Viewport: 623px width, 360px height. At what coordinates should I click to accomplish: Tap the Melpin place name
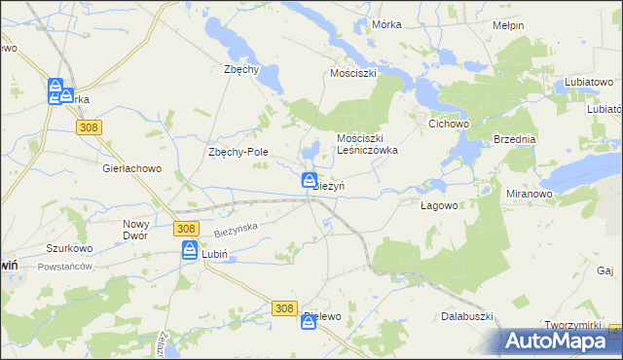pos(508,25)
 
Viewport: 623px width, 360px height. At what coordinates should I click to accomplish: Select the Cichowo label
pos(450,125)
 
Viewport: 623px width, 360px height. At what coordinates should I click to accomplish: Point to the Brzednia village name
pos(515,139)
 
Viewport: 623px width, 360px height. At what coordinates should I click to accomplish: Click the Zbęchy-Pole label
pos(238,152)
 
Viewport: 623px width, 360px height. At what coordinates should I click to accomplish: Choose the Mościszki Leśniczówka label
pos(367,144)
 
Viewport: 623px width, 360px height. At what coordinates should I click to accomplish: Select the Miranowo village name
pos(530,194)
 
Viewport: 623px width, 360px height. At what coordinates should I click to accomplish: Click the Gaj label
pos(605,270)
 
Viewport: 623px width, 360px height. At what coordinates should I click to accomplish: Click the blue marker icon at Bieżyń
pos(309,180)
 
